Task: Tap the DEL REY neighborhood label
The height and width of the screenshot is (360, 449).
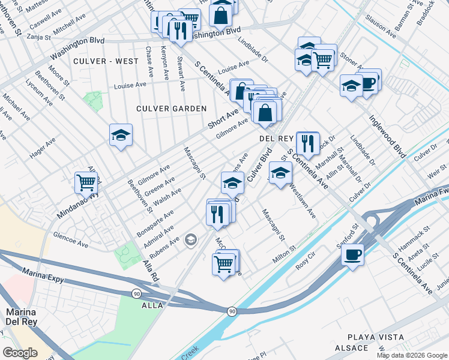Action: [x=275, y=138]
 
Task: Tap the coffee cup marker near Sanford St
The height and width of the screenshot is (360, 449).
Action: [x=352, y=254]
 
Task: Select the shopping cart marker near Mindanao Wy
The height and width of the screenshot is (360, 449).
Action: [x=86, y=182]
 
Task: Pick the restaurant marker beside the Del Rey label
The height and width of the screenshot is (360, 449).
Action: [x=307, y=143]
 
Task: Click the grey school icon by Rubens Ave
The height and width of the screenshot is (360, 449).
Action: [x=191, y=241]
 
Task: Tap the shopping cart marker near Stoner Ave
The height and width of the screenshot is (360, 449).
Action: [x=323, y=59]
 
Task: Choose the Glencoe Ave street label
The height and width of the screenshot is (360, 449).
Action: [x=70, y=240]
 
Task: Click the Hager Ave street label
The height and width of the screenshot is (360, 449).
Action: [x=43, y=148]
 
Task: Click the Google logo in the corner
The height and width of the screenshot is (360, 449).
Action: [x=19, y=352]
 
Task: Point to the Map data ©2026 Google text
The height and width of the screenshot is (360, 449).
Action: [x=412, y=355]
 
